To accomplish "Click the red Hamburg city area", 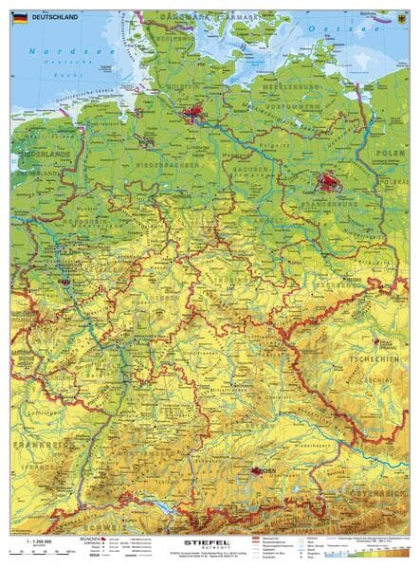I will (193, 115).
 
